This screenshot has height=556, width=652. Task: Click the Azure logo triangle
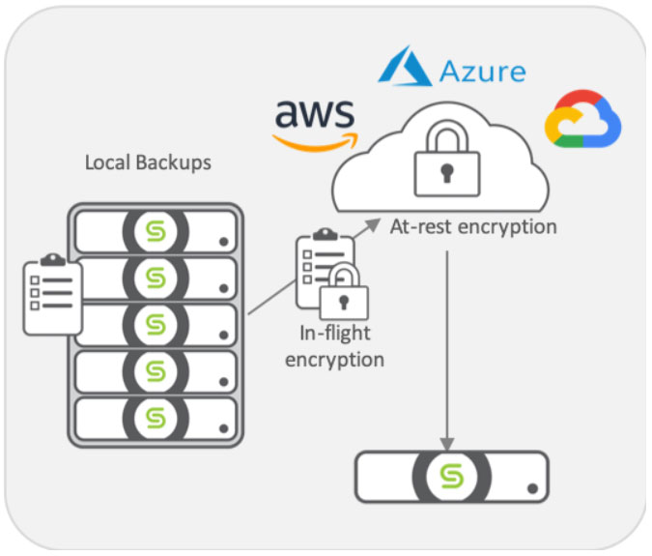(x=405, y=67)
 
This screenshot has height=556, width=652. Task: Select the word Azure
(x=482, y=72)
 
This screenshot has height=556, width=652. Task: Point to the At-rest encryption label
(x=472, y=226)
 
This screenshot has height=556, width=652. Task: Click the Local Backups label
(x=148, y=161)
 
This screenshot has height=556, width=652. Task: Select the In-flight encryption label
(x=341, y=346)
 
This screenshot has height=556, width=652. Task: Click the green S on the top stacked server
(x=155, y=230)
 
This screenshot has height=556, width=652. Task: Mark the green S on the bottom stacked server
(x=155, y=418)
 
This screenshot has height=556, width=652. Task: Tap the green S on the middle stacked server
(x=155, y=324)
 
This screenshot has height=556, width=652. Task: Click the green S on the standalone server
(x=451, y=476)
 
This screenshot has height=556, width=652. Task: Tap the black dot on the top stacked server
(x=223, y=242)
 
